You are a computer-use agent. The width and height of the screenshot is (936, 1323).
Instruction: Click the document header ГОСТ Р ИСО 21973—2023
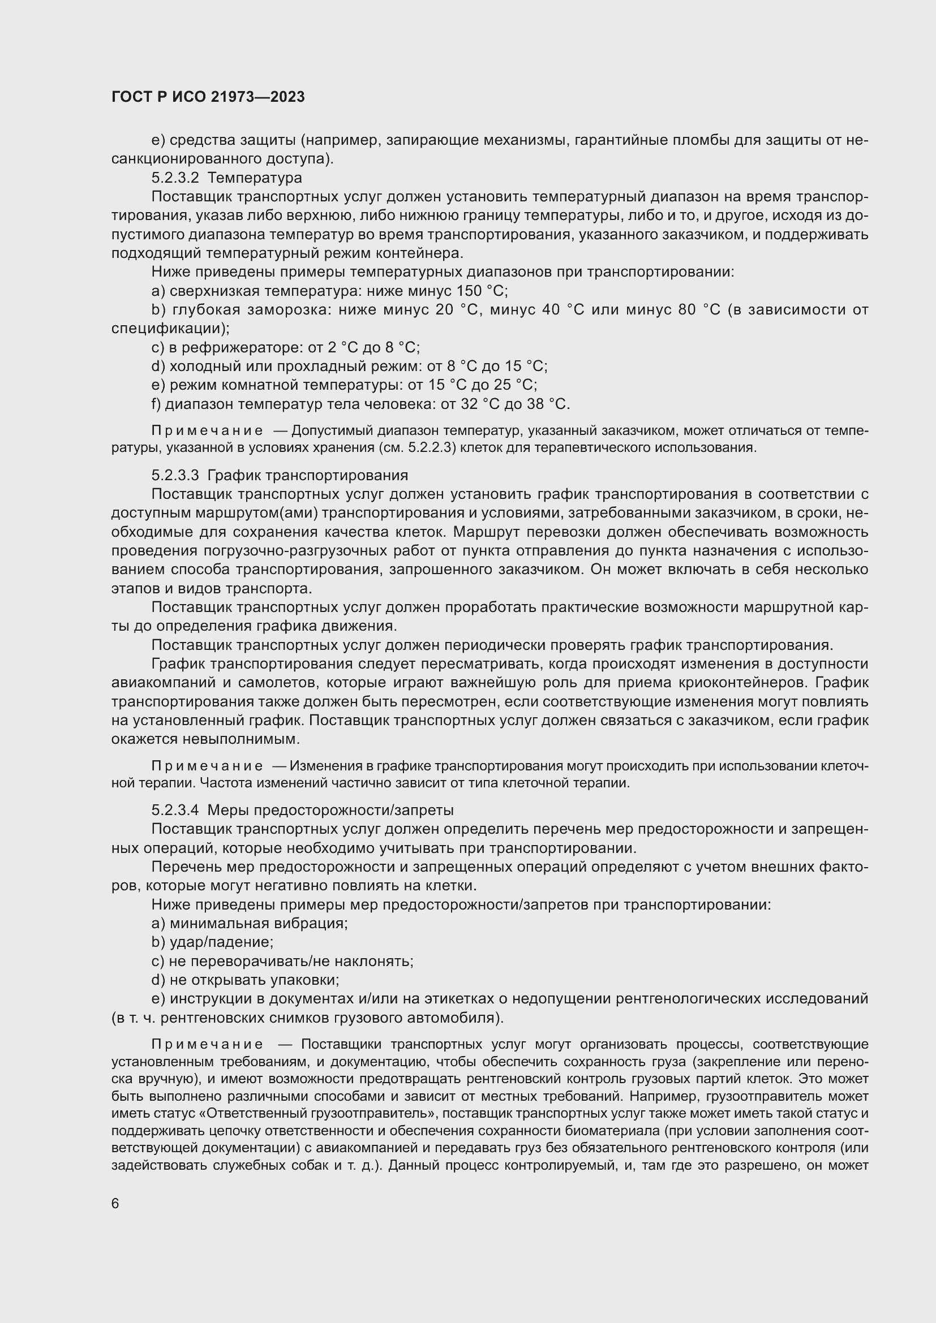pos(208,97)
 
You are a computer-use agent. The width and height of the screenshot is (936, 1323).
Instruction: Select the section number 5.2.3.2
pos(175,178)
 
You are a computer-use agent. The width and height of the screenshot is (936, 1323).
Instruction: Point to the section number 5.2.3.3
pos(175,475)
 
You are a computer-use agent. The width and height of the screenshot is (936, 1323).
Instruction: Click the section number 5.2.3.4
pos(175,810)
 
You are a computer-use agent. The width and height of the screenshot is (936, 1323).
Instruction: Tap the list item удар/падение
pos(221,943)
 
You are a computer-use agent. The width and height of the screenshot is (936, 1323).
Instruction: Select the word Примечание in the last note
pos(208,1045)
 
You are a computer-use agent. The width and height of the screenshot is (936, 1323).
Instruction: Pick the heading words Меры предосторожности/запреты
pos(330,810)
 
